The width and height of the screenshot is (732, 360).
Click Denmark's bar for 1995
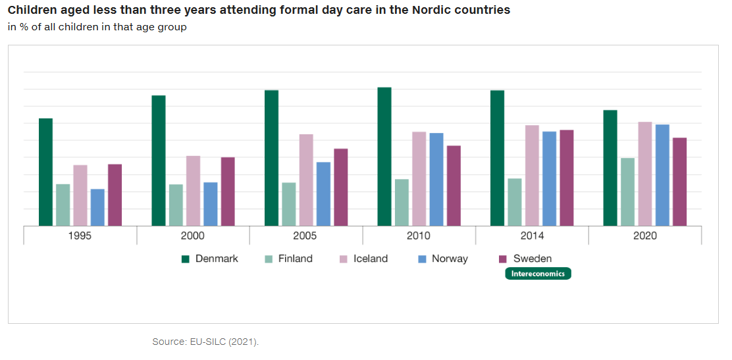click(45, 172)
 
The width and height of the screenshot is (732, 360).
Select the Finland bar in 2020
click(628, 192)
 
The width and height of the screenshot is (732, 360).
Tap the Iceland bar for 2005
click(306, 180)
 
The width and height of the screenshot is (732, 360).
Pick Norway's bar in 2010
click(436, 180)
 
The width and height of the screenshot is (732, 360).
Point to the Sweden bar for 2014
click(566, 178)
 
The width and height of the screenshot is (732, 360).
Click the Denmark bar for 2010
click(384, 157)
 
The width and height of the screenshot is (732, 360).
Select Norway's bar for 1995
click(97, 207)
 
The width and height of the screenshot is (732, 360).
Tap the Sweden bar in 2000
click(228, 192)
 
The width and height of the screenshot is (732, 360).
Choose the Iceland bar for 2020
click(645, 174)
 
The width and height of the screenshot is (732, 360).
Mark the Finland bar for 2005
click(289, 204)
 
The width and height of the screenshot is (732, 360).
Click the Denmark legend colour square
click(186, 259)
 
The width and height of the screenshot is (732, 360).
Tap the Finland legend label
click(295, 259)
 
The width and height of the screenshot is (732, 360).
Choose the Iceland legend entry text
click(371, 259)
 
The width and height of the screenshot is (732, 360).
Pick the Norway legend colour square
click(422, 259)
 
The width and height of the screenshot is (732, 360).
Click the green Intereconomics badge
click(538, 274)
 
